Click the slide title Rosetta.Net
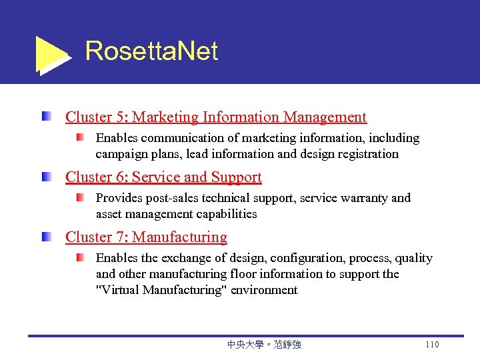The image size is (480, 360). click(x=151, y=51)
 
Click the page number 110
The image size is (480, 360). click(x=431, y=345)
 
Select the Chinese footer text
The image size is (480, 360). click(x=264, y=345)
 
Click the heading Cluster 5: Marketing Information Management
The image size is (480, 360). click(x=216, y=117)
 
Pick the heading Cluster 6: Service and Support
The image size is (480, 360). click(x=163, y=177)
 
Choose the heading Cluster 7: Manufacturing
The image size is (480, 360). click(x=146, y=237)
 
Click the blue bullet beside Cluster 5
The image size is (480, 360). click(x=45, y=117)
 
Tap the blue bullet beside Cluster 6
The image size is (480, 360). click(x=45, y=177)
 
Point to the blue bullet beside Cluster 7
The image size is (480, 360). click(x=45, y=237)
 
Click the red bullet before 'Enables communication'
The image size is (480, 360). click(x=80, y=138)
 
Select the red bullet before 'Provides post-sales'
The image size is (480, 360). click(x=80, y=198)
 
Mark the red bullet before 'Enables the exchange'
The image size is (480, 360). click(x=80, y=258)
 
